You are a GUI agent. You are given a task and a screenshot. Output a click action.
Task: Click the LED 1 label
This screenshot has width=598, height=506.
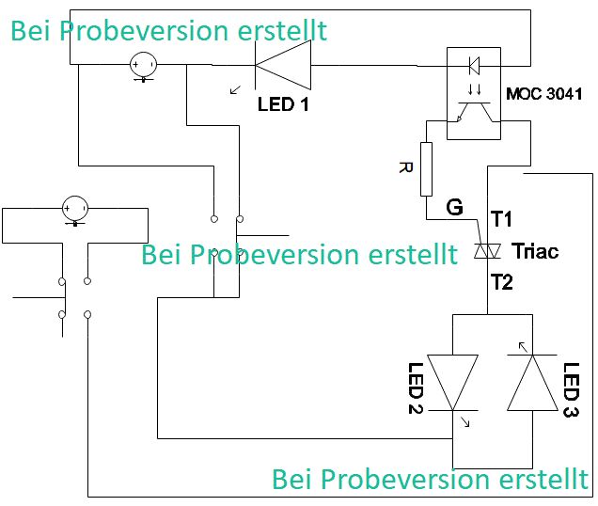pyautogui.click(x=283, y=103)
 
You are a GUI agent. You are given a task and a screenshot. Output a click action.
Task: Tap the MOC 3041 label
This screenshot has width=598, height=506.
pyautogui.click(x=543, y=94)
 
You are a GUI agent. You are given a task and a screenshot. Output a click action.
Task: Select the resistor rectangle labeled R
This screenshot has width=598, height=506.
pyautogui.click(x=427, y=169)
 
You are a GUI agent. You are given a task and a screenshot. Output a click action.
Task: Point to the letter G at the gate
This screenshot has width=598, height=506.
pyautogui.click(x=455, y=207)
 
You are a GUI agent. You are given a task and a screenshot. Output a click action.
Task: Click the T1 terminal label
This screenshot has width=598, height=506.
pyautogui.click(x=501, y=219)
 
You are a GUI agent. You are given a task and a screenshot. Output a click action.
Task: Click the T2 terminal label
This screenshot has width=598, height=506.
pyautogui.click(x=501, y=280)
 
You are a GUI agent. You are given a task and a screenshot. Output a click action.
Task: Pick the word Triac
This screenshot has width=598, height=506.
pyautogui.click(x=535, y=251)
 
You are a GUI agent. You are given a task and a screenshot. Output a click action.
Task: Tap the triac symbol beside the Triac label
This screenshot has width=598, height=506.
pyautogui.click(x=486, y=251)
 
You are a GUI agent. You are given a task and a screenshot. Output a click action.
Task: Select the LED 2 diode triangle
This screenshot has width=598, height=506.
pyautogui.click(x=453, y=382)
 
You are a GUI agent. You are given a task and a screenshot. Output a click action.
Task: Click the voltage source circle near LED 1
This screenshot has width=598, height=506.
pyautogui.click(x=143, y=66)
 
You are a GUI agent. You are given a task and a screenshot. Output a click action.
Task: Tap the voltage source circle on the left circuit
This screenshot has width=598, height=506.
pyautogui.click(x=74, y=208)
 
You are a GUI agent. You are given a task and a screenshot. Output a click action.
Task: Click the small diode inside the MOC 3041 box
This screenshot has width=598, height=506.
pyautogui.click(x=474, y=66)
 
